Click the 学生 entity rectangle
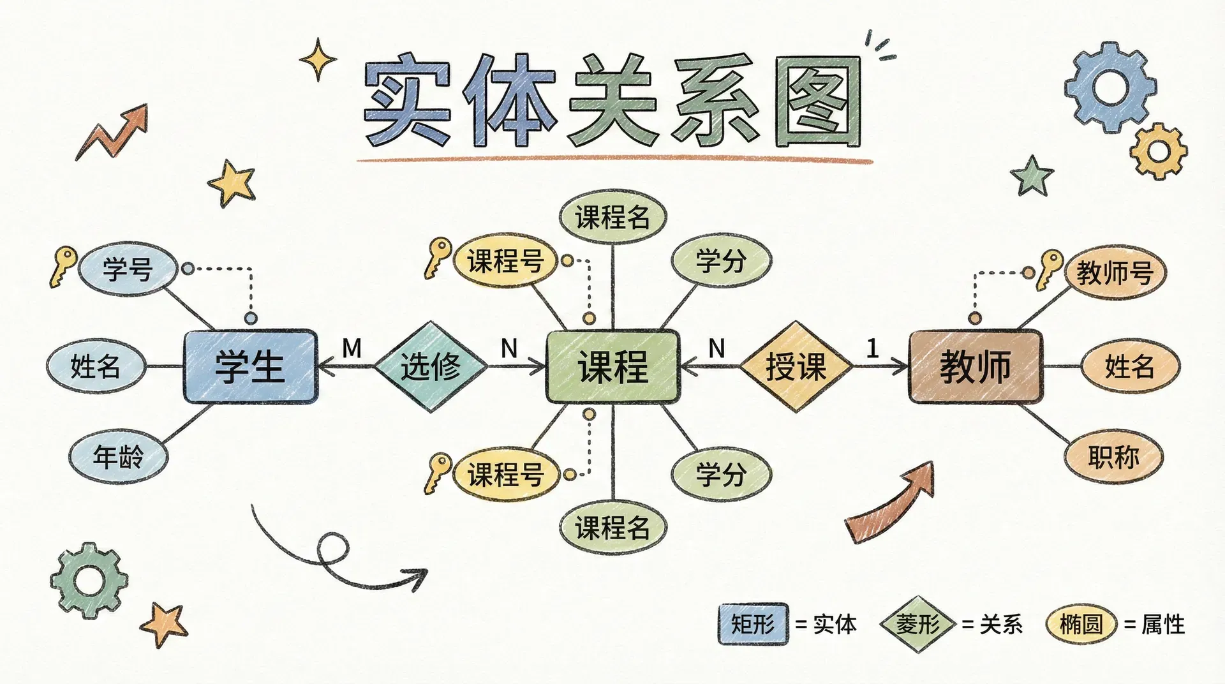click(x=250, y=366)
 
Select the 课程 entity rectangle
click(x=612, y=366)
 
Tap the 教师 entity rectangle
click(x=975, y=366)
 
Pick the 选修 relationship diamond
click(x=431, y=366)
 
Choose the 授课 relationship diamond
click(x=796, y=366)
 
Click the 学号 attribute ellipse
click(x=128, y=269)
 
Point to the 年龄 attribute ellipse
click(x=118, y=456)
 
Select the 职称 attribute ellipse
click(x=1113, y=456)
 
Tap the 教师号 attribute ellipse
click(x=1115, y=273)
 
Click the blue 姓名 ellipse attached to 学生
click(x=96, y=366)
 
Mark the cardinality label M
click(x=352, y=348)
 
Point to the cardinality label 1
click(x=872, y=348)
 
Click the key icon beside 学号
click(x=63, y=265)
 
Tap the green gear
click(x=89, y=579)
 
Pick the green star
click(x=1032, y=175)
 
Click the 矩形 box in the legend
click(x=753, y=623)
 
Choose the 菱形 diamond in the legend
click(x=917, y=623)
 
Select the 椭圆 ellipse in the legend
click(x=1081, y=623)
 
